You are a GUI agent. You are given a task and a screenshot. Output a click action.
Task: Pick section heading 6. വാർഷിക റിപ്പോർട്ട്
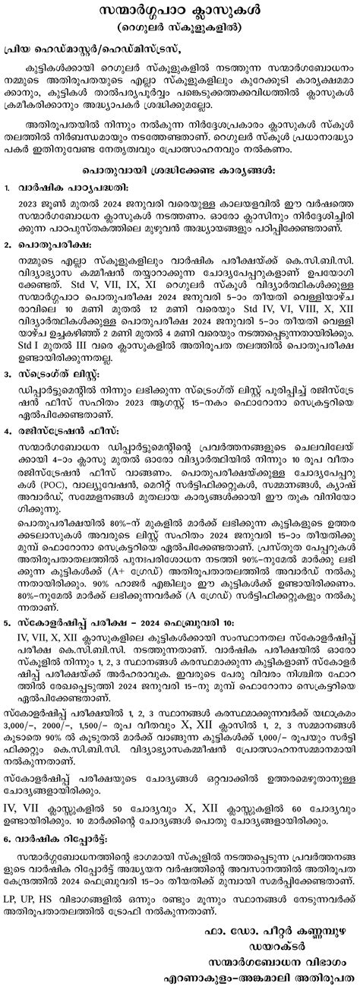point(61,856)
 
